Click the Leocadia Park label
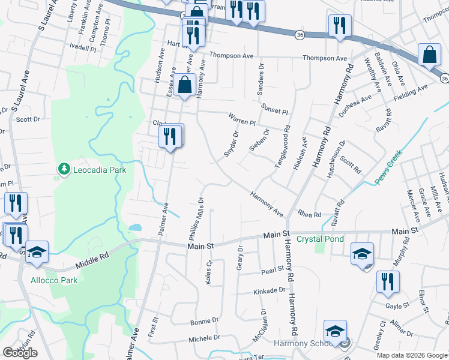100,170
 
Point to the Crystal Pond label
320,239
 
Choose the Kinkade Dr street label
270,290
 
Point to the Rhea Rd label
310,214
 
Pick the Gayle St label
397,305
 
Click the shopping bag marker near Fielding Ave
430,55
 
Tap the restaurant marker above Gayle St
387,281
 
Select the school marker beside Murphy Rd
363,253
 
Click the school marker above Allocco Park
37,253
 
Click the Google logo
20,353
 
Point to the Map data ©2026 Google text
412,355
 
